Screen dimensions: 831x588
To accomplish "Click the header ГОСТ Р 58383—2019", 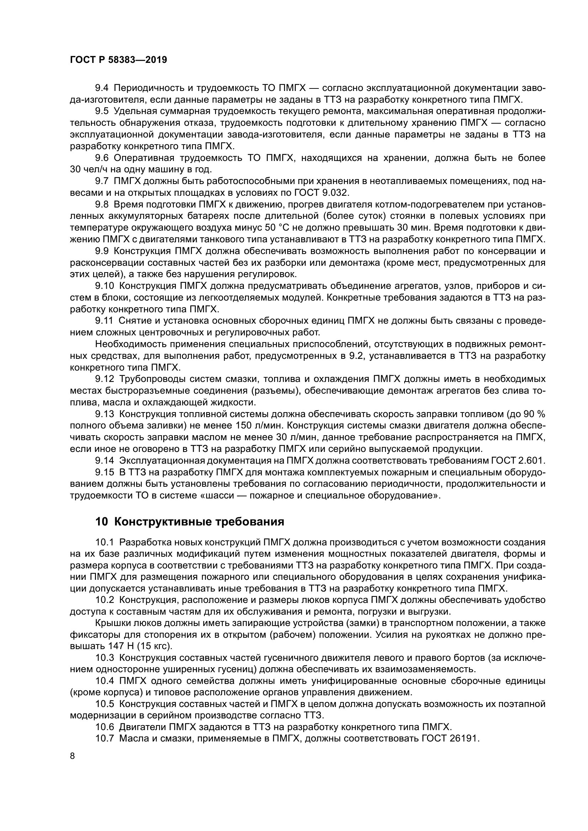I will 118,60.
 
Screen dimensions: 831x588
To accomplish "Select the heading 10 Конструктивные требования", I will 190,522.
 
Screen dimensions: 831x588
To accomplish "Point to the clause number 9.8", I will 102,205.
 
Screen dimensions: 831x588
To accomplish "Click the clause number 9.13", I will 105,414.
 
